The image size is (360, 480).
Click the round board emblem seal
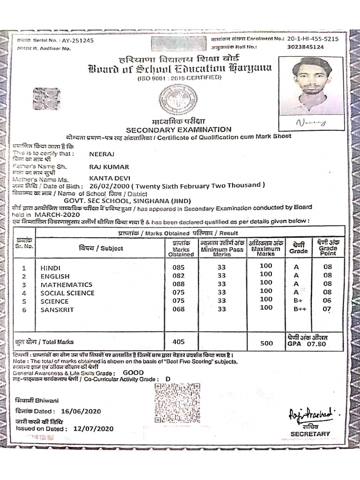click(x=178, y=100)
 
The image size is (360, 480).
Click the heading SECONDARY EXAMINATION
click(x=178, y=129)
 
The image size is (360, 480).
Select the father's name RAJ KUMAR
click(x=108, y=166)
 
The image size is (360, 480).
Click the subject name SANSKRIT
click(x=57, y=310)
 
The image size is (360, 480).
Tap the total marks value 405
click(x=179, y=342)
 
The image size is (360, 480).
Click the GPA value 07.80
click(x=316, y=344)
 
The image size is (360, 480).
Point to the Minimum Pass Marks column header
click(x=222, y=248)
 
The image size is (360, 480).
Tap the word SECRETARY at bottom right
click(x=310, y=434)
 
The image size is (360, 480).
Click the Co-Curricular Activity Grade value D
click(x=168, y=379)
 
